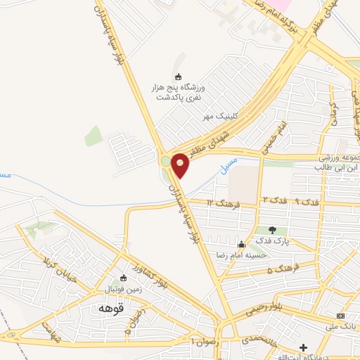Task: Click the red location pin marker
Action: pos(180,165)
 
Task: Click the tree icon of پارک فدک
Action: pos(272,229)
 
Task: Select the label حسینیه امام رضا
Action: pos(264,254)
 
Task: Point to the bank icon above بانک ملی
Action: pos(341,315)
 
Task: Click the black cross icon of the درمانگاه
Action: pos(303,347)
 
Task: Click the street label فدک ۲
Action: pos(274,201)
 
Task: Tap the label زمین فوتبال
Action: pos(123,289)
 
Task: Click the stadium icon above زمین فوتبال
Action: pos(124,278)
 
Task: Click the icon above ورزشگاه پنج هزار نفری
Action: pos(177,77)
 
